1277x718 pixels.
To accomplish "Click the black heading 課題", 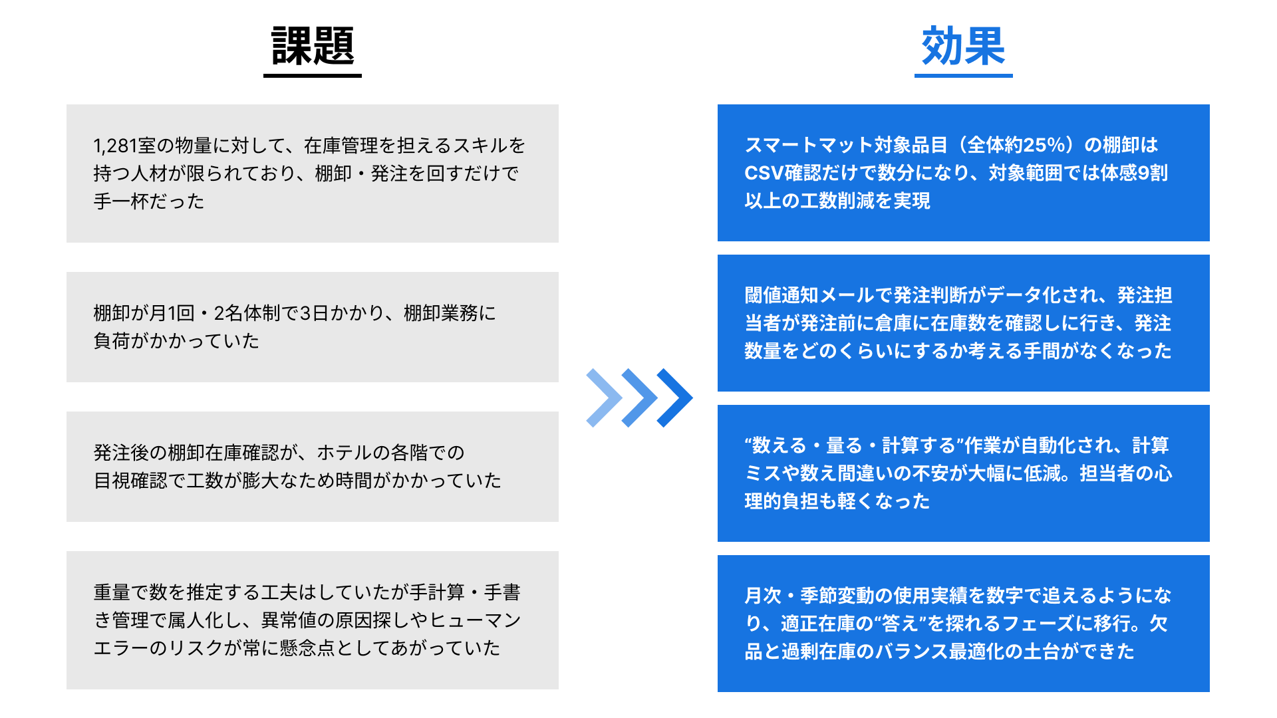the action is click(313, 47).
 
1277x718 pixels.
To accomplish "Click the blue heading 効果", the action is click(963, 47).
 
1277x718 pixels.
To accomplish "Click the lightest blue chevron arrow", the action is click(603, 398).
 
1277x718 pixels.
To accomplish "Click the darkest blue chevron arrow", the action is click(675, 398).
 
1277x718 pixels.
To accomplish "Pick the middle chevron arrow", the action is click(639, 398).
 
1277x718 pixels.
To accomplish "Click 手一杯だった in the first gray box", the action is click(149, 201).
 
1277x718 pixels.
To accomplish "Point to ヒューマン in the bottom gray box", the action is click(476, 620).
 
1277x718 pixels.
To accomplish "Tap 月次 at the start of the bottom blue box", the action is click(763, 596).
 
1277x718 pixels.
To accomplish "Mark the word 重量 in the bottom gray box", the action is click(112, 592).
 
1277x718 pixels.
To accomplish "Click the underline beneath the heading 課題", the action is click(313, 75).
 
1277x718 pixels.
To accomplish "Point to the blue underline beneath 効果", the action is click(963, 75).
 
